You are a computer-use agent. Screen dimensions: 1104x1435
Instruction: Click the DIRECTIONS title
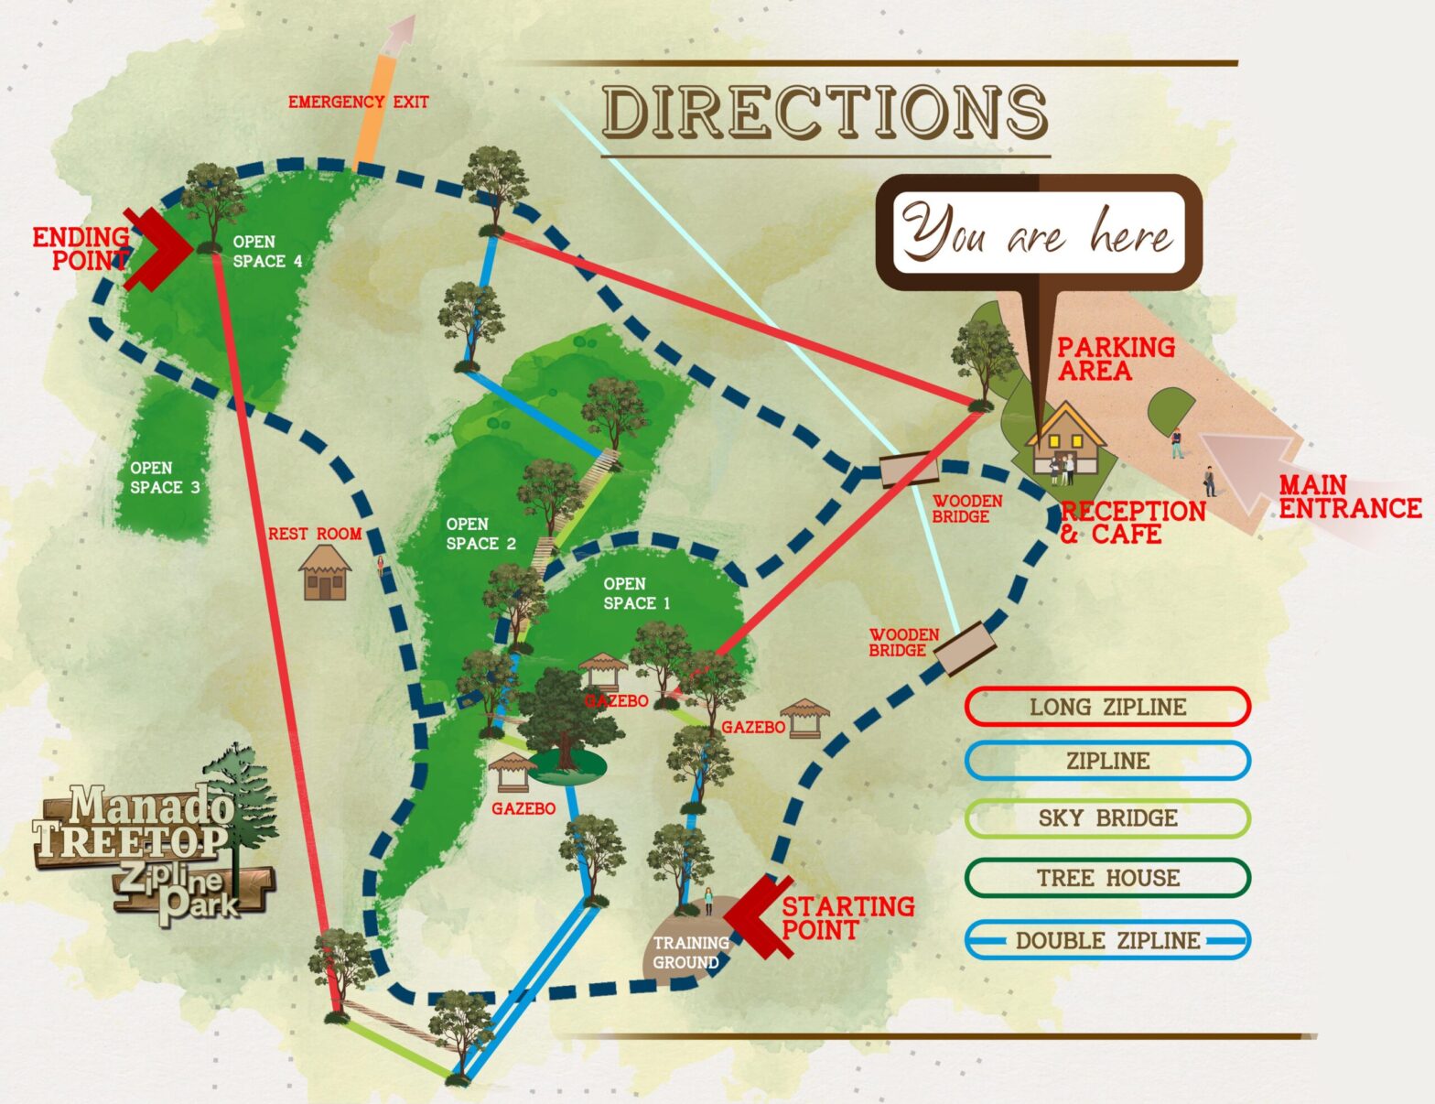click(x=825, y=112)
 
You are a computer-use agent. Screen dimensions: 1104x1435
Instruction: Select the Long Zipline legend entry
click(x=1107, y=707)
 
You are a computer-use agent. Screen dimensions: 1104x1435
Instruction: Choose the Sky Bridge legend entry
click(x=1107, y=817)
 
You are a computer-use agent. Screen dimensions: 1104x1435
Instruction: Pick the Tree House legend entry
click(x=1107, y=878)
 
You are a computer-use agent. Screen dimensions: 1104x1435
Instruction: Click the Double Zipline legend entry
click(x=1107, y=940)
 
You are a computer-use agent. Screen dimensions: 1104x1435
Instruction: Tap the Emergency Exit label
click(x=358, y=102)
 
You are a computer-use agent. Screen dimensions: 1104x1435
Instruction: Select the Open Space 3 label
click(x=165, y=478)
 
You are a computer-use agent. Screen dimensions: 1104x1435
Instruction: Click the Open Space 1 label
click(x=636, y=593)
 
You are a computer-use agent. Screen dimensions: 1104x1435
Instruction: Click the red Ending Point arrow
click(x=156, y=248)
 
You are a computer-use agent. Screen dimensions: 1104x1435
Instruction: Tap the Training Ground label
click(x=690, y=952)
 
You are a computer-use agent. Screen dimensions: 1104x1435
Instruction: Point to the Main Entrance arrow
click(x=1254, y=471)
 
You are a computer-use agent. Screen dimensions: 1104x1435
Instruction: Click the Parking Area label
click(x=1116, y=359)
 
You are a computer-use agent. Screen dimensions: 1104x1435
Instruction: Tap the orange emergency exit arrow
click(x=384, y=92)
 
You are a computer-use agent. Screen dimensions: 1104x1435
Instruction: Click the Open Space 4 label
click(x=266, y=252)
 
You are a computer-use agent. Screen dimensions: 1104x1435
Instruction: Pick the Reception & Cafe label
click(x=1132, y=523)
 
